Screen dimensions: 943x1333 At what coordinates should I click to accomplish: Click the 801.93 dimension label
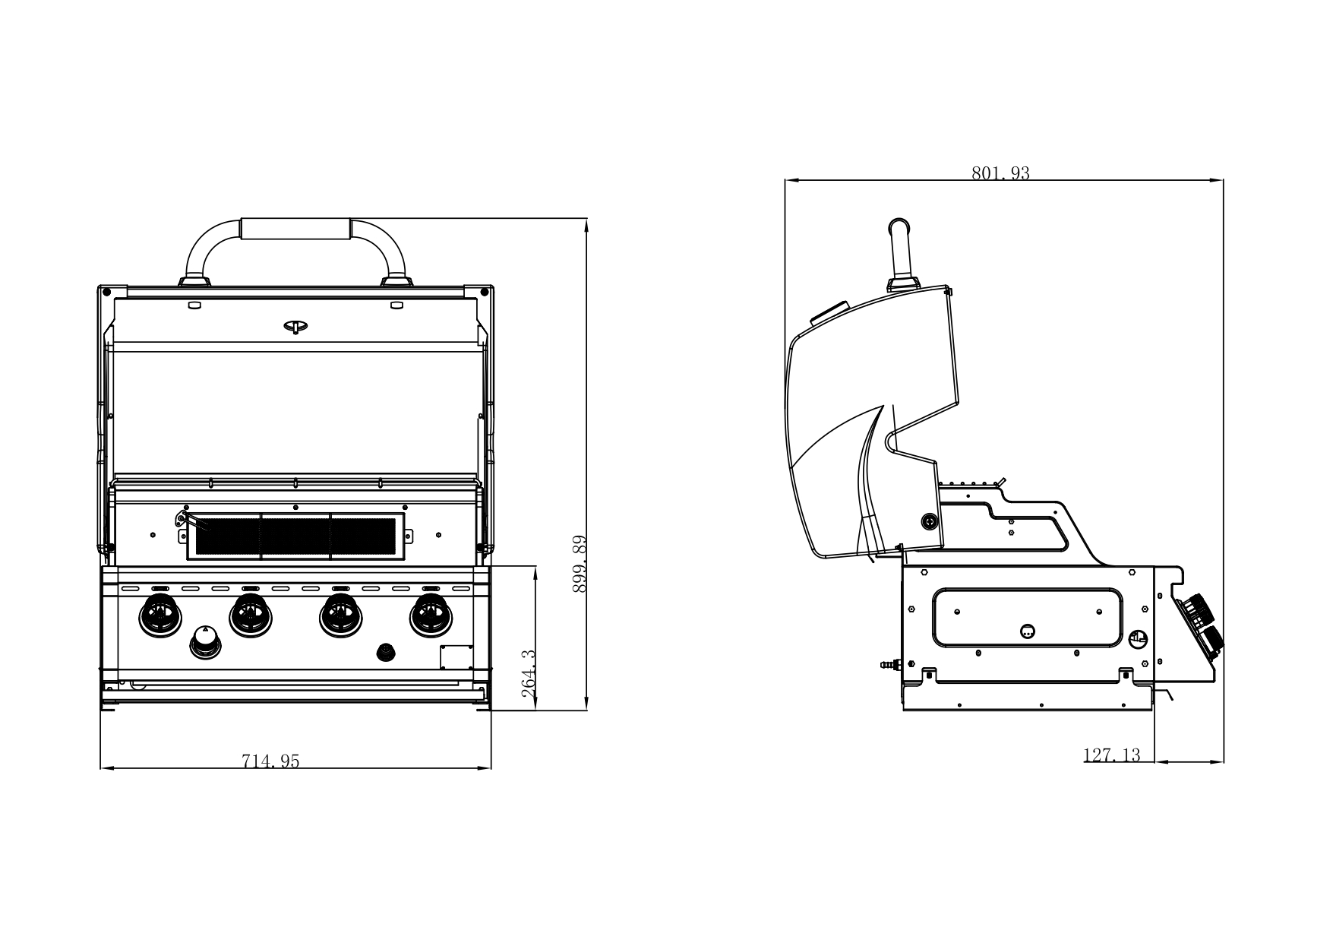[1000, 173]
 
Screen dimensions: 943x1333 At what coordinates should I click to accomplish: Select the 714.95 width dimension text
[271, 761]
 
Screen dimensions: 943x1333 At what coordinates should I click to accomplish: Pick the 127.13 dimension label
[1111, 755]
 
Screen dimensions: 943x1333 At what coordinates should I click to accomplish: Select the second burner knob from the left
[251, 616]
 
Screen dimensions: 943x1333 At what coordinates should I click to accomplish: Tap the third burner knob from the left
[341, 616]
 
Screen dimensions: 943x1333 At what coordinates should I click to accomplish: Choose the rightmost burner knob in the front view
[431, 616]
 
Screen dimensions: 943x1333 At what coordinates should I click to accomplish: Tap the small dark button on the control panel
[387, 652]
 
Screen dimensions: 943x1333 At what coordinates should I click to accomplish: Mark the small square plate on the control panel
[456, 657]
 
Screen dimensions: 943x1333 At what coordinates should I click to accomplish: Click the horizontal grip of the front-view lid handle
[295, 229]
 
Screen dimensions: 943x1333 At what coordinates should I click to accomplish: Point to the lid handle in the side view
[901, 255]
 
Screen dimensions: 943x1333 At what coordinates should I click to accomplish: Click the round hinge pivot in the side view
[929, 521]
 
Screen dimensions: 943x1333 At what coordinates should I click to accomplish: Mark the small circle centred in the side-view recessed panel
[1027, 630]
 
